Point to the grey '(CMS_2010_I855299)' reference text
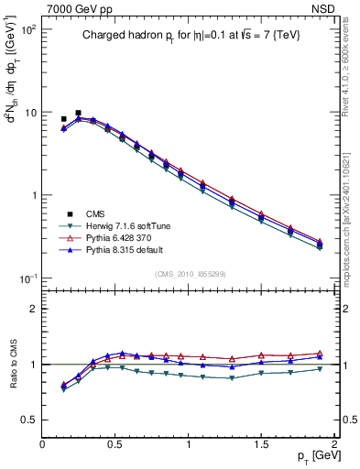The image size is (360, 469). pos(189,275)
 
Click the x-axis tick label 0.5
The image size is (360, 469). pos(116,443)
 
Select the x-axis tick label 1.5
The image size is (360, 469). pos(262,443)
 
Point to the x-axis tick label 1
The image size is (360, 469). pos(189,443)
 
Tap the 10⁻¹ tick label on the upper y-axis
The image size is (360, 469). pos(27,278)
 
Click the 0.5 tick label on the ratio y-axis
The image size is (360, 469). pos(29,420)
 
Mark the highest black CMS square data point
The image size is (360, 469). pos(78,114)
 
